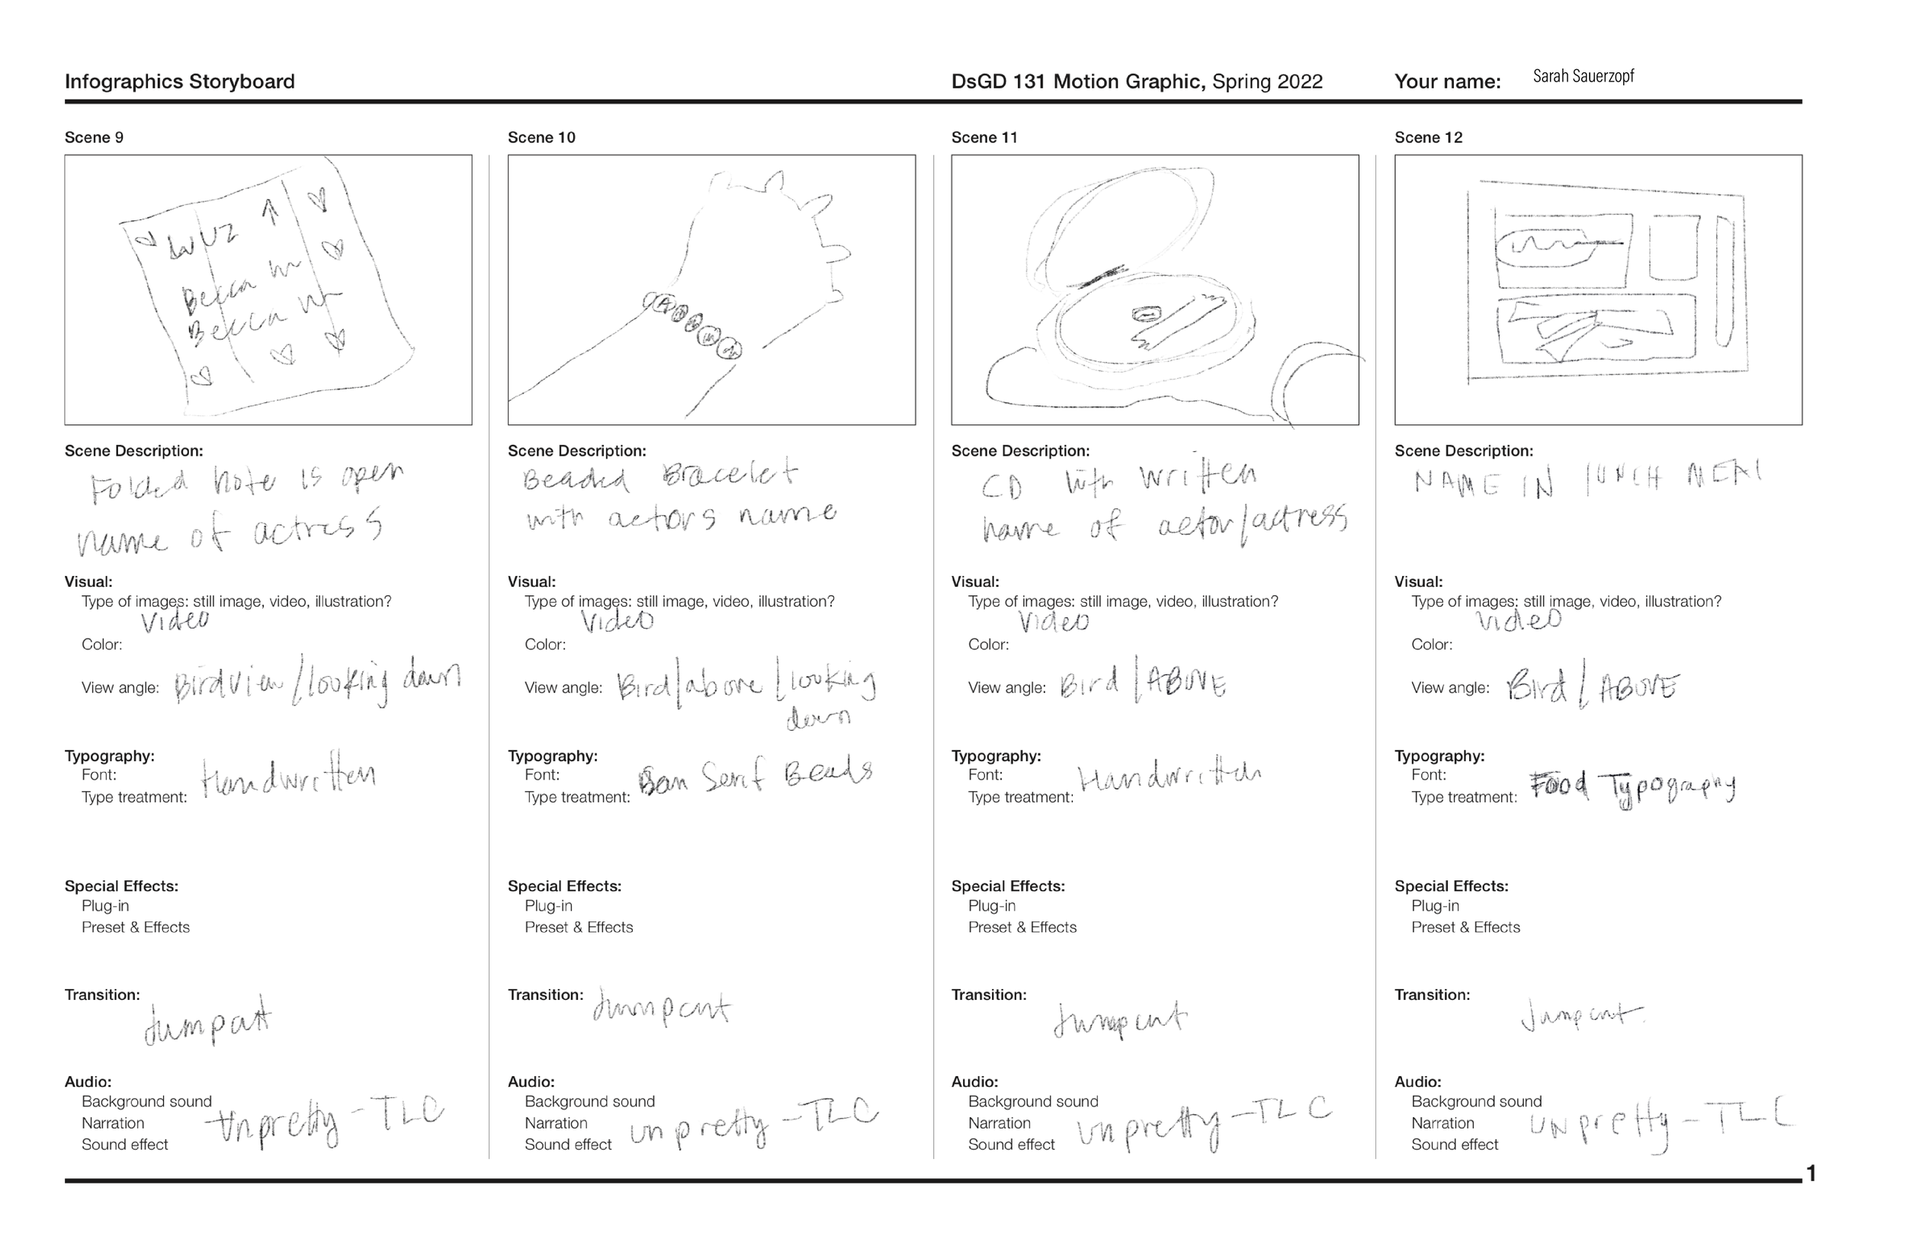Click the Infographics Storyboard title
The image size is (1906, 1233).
179,82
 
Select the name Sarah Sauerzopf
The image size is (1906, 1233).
1583,77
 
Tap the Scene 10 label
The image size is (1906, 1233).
541,138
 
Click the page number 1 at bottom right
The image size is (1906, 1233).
1811,1174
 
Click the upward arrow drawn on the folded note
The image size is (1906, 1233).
271,211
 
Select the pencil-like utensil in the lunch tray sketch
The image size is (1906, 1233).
1725,280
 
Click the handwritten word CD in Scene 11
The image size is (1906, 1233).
1002,487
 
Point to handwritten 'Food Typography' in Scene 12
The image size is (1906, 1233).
1632,789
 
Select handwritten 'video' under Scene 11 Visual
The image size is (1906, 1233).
1053,621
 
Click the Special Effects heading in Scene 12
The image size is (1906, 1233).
1451,886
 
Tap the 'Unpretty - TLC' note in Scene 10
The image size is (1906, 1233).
752,1125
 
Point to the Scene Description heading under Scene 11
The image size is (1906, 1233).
1020,452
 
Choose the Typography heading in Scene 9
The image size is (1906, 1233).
110,756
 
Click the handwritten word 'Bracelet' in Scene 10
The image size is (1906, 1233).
730,475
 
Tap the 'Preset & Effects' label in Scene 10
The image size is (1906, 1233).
578,927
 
